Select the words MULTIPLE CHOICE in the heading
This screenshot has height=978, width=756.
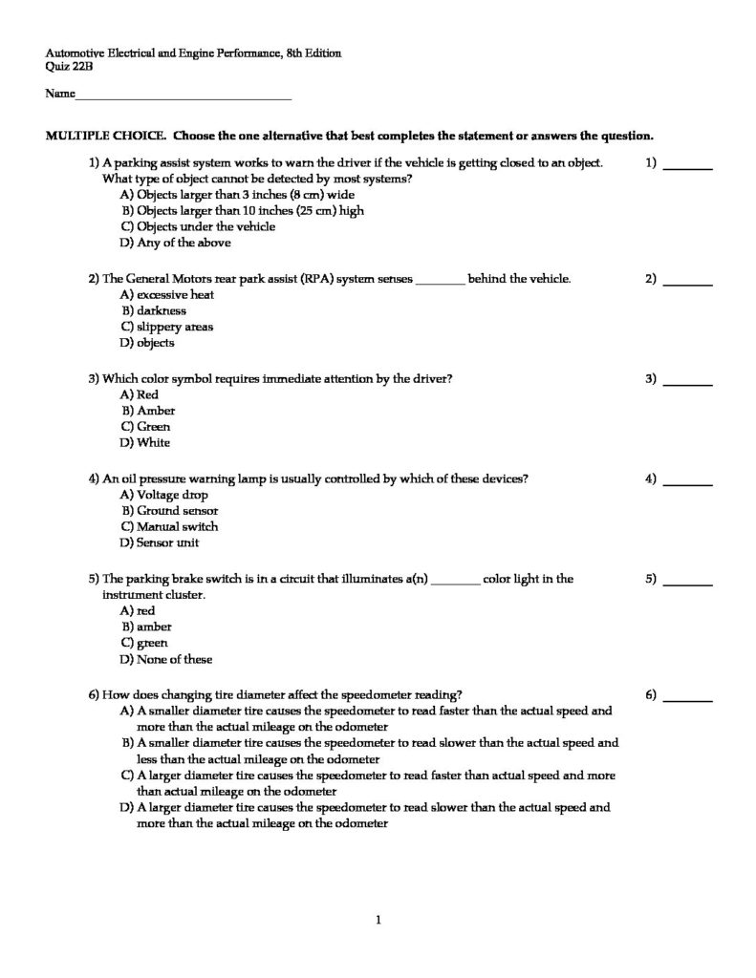[106, 135]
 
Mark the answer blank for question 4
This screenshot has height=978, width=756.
[687, 484]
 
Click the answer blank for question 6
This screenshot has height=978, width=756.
[687, 700]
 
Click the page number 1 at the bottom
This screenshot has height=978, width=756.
[378, 920]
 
